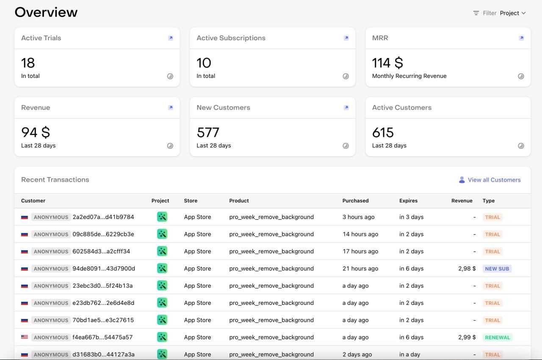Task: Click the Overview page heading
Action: (46, 12)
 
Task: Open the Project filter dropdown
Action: (512, 13)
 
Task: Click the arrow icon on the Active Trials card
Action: (170, 38)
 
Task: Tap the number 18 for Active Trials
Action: (28, 63)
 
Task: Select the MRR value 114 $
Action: (387, 63)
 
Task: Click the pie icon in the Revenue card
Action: (170, 146)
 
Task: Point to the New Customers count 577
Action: (208, 133)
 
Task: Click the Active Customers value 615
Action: (383, 133)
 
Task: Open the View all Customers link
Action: (494, 180)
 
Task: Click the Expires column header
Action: (408, 201)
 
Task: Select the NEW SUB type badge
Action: (497, 269)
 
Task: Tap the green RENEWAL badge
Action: (498, 338)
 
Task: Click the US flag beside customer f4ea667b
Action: (25, 338)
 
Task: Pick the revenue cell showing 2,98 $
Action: (467, 269)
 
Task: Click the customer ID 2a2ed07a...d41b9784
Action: (103, 217)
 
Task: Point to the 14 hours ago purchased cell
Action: (360, 234)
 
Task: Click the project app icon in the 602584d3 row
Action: (162, 251)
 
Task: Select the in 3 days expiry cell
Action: (411, 217)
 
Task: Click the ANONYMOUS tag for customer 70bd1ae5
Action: (51, 320)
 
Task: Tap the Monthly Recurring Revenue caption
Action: (409, 76)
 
